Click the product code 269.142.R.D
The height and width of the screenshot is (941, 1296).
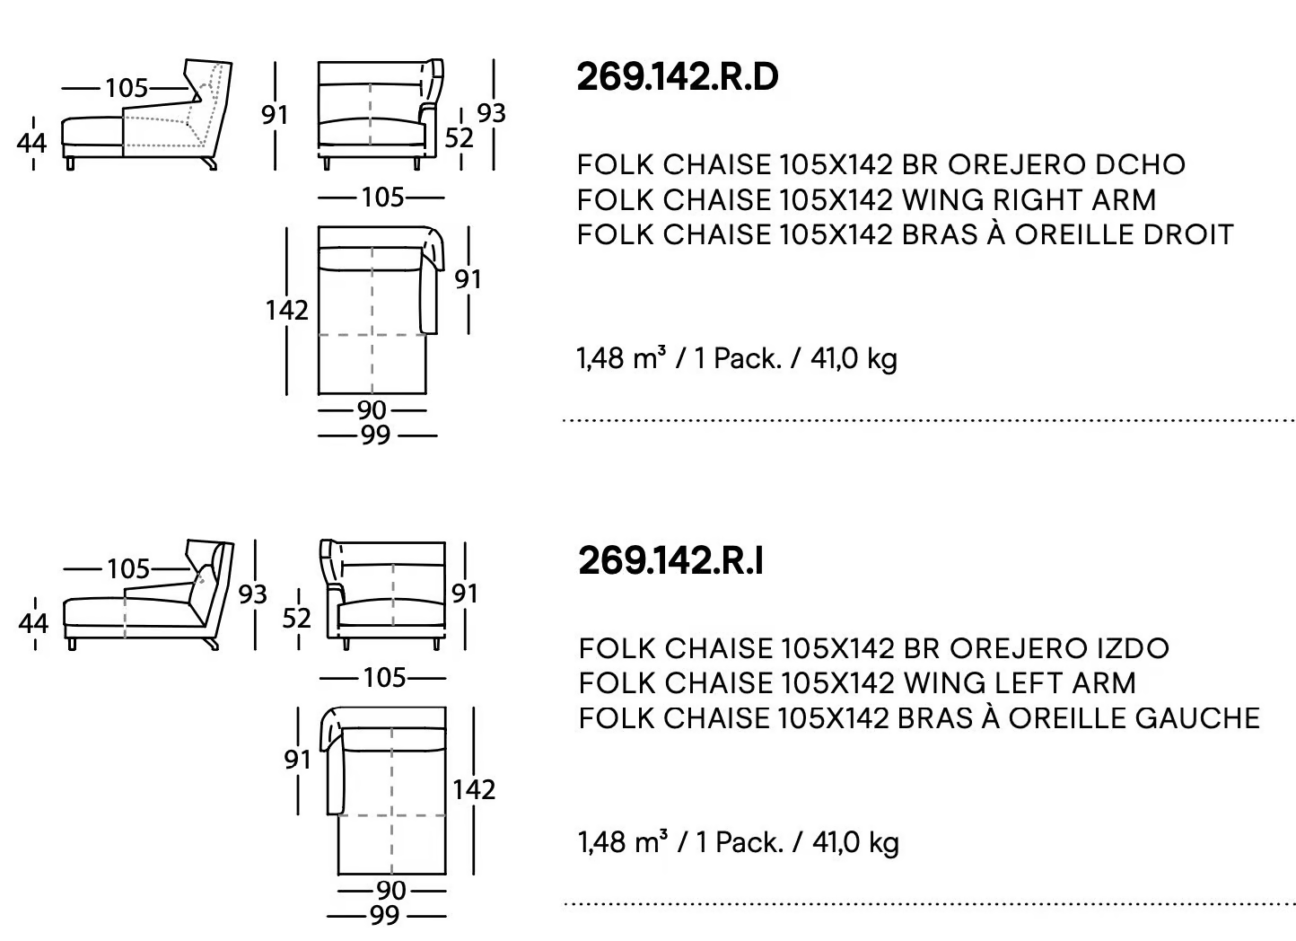click(x=678, y=77)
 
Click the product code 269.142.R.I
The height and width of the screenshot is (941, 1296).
click(x=670, y=561)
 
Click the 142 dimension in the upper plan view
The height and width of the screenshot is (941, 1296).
click(x=287, y=311)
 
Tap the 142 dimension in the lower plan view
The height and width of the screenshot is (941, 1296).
click(x=474, y=790)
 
